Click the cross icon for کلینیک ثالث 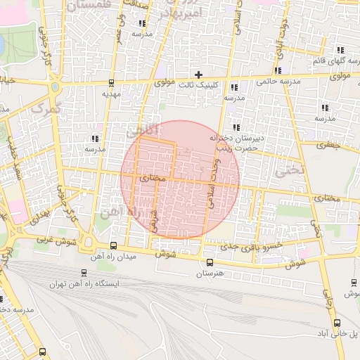[199, 74]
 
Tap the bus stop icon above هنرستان [209, 262]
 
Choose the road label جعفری [327, 145]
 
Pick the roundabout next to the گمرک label [55, 89]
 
